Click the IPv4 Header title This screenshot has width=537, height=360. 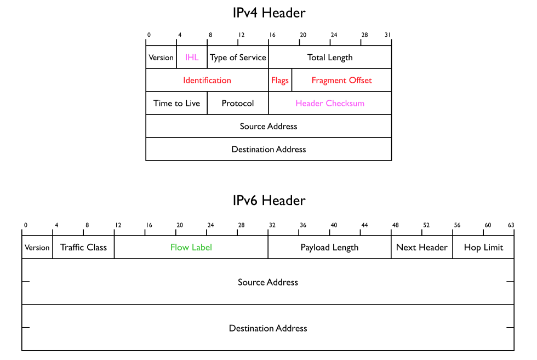tap(268, 13)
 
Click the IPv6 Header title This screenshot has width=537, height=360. tap(268, 200)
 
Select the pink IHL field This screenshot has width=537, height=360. tap(192, 58)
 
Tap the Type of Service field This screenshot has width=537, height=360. tap(238, 58)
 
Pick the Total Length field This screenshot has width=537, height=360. tap(330, 58)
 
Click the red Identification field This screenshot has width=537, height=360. tap(207, 81)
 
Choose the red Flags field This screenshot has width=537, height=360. tap(280, 81)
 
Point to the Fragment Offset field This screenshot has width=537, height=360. tap(341, 81)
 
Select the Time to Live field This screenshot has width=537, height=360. tap(176, 104)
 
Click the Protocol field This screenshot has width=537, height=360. tap(238, 104)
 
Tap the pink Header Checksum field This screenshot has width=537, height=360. tap(330, 104)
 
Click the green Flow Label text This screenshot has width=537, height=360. tap(191, 248)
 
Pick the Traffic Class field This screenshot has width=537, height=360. tap(83, 248)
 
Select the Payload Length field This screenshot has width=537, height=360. tap(329, 248)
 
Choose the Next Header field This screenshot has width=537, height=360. tap(422, 248)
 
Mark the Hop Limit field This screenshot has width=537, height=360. tap(483, 248)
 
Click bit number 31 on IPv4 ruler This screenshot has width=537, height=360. tap(388, 35)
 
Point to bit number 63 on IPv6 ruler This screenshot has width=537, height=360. tap(511, 225)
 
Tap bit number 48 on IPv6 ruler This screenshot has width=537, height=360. tap(395, 225)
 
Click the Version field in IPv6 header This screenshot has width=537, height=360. tap(37, 248)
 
